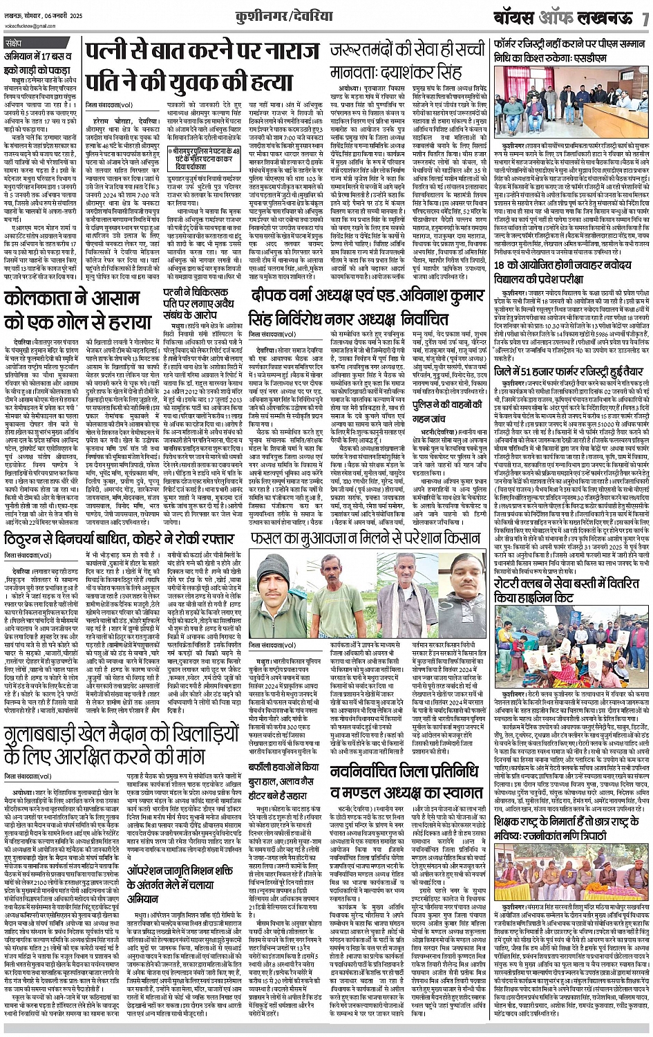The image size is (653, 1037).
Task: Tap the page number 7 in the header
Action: pos(645,17)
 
